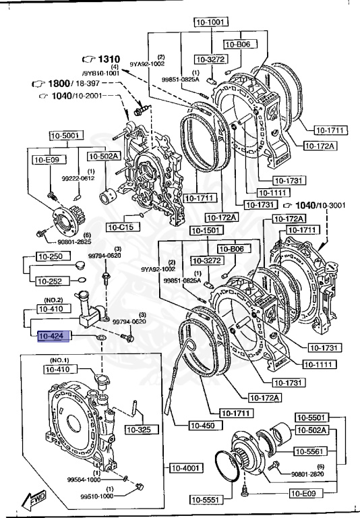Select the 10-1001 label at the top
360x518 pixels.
pos(210,22)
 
